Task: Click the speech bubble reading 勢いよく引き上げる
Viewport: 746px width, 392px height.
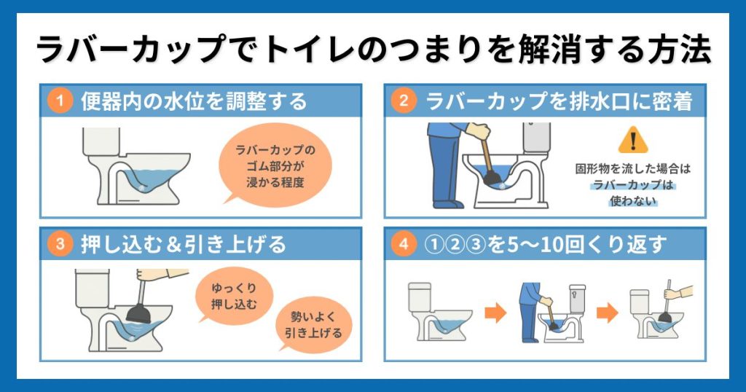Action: coord(313,325)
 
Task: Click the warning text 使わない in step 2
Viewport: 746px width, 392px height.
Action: coord(632,202)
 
